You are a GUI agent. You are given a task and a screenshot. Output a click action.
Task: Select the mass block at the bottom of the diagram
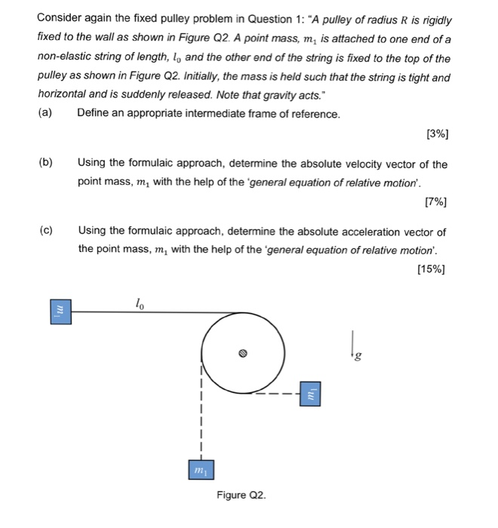tap(201, 470)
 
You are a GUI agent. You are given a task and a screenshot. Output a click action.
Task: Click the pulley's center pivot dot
tap(243, 352)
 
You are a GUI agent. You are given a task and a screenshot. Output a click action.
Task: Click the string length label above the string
tap(139, 302)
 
